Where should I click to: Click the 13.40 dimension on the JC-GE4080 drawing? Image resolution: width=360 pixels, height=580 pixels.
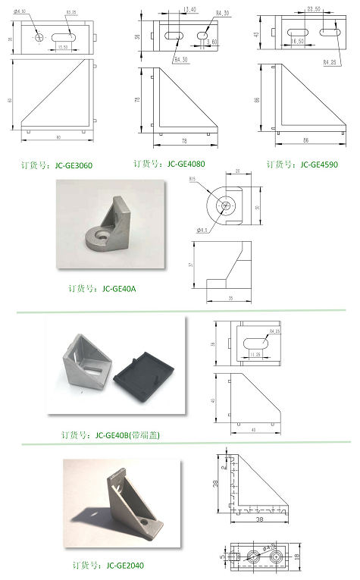[189, 10]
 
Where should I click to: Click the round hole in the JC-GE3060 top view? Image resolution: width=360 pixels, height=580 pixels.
[39, 36]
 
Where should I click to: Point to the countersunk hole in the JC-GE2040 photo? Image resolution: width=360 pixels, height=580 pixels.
[145, 522]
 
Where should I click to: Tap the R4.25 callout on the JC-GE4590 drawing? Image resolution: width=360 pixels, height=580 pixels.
[330, 61]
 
